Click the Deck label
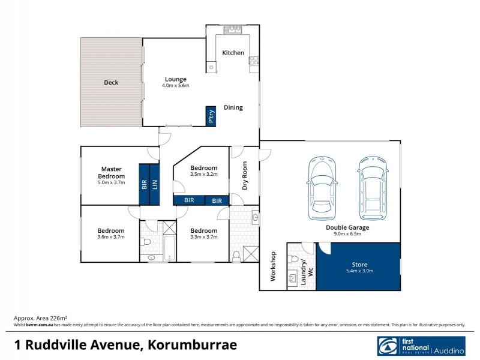tap(111, 83)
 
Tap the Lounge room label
tap(176, 79)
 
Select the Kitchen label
tap(233, 53)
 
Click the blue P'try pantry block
tap(211, 116)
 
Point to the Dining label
tap(233, 108)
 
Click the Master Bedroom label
tap(112, 173)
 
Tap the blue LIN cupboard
tap(154, 184)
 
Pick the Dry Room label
tap(245, 176)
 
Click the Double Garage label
tap(347, 227)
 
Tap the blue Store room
tap(359, 267)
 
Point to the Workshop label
tap(273, 267)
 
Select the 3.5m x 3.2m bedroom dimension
tap(203, 174)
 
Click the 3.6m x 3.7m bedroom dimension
tap(111, 237)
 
